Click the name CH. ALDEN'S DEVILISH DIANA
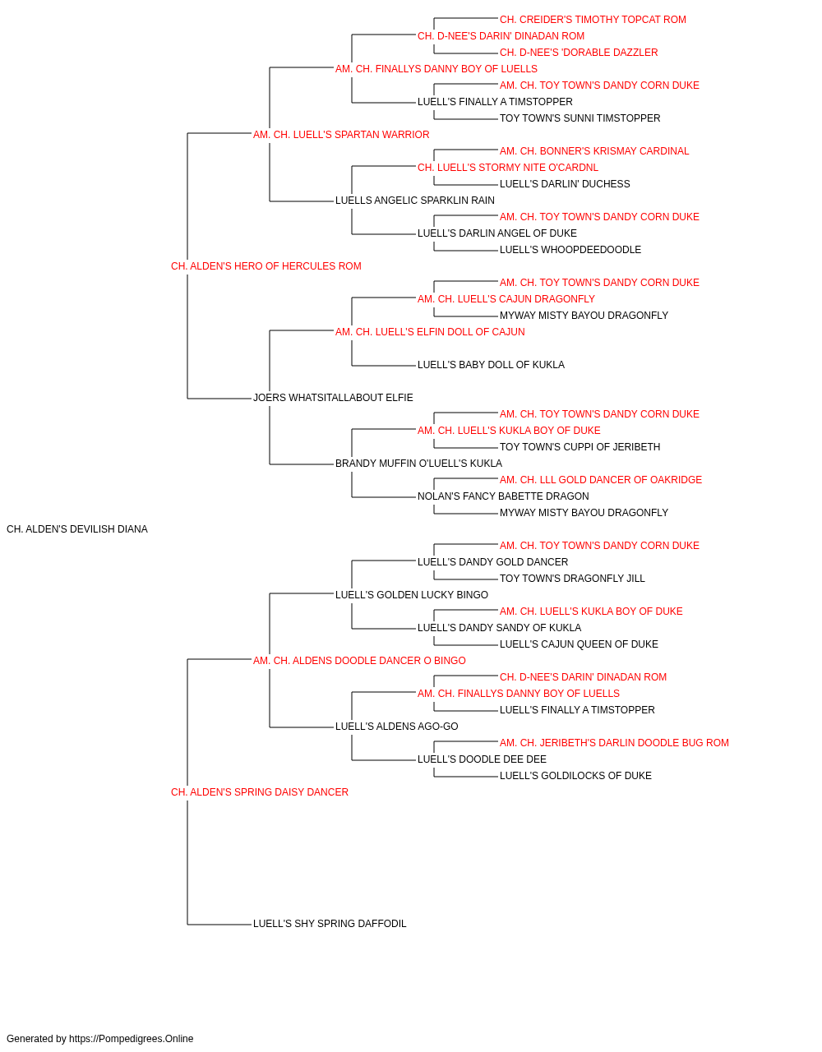tap(77, 529)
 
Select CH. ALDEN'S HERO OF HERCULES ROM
tap(266, 266)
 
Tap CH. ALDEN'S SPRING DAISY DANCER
tap(260, 792)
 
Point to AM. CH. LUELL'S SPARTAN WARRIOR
tap(341, 135)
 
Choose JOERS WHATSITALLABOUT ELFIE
tap(333, 398)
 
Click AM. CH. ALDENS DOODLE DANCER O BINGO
tap(359, 660)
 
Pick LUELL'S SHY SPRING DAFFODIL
tap(330, 923)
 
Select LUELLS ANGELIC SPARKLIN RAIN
tap(415, 201)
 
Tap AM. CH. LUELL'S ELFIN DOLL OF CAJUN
tap(430, 331)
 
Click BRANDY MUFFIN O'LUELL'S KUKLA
tap(418, 464)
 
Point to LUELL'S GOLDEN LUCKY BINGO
tap(412, 594)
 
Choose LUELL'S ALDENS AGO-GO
tap(396, 727)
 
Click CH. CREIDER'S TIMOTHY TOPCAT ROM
tap(593, 20)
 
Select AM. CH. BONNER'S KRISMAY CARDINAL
tap(594, 151)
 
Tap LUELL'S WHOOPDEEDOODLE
tap(570, 250)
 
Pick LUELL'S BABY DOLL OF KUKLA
tap(491, 365)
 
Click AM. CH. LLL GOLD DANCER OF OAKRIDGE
tap(601, 480)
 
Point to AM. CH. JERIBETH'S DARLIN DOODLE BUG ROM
tap(614, 743)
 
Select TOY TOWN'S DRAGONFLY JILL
tap(572, 578)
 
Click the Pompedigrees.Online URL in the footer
tap(132, 1039)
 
